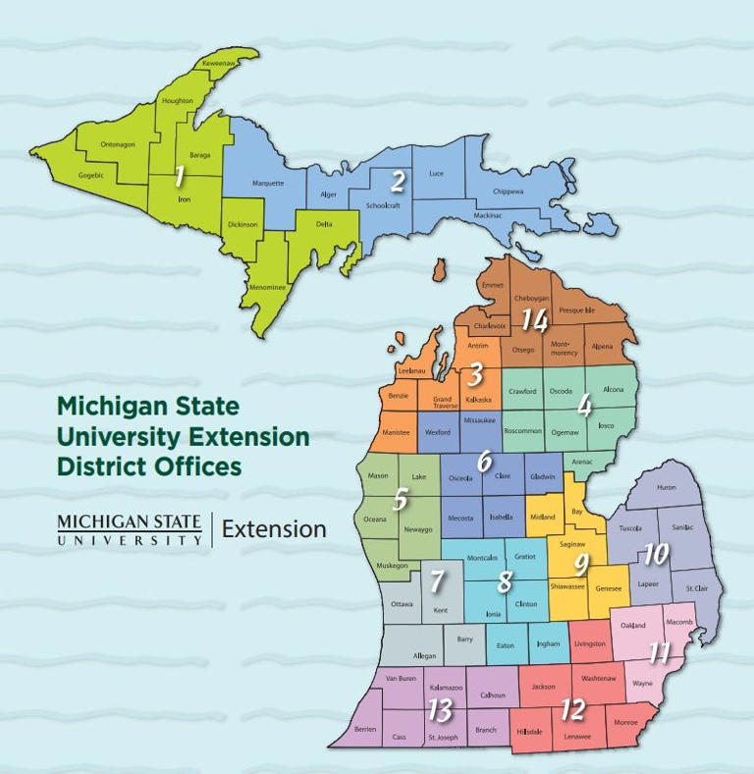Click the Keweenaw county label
pos(220,64)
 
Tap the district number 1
pos(179,177)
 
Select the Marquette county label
pos(268,183)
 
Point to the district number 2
pos(398,181)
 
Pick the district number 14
pos(534,320)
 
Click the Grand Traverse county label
pos(443,402)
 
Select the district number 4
pos(584,405)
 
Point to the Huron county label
pos(666,487)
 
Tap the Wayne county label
pos(642,683)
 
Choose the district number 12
pos(573,707)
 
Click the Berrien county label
pos(364,730)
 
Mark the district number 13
pos(441,709)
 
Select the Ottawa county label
pos(402,604)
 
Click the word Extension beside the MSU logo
pos(274,529)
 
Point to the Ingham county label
pos(549,644)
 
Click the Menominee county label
pos(267,288)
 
